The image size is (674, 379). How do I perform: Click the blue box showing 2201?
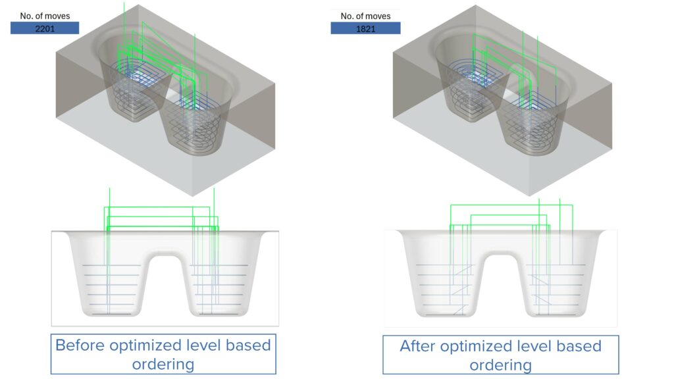click(x=45, y=28)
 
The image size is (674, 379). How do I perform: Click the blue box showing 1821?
click(x=365, y=28)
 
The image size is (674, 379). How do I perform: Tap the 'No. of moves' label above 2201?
click(x=45, y=15)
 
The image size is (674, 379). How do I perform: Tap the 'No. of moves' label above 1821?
click(x=365, y=16)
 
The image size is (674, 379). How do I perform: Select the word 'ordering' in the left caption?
click(x=163, y=363)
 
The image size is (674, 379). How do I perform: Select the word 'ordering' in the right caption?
click(x=500, y=364)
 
